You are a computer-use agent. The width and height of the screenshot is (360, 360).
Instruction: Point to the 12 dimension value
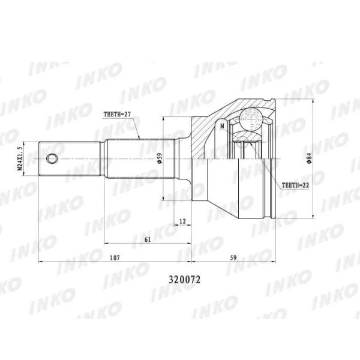182,221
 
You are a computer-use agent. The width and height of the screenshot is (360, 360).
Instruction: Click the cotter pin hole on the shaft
53,158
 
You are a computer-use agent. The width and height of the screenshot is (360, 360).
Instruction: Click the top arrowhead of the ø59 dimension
163,119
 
